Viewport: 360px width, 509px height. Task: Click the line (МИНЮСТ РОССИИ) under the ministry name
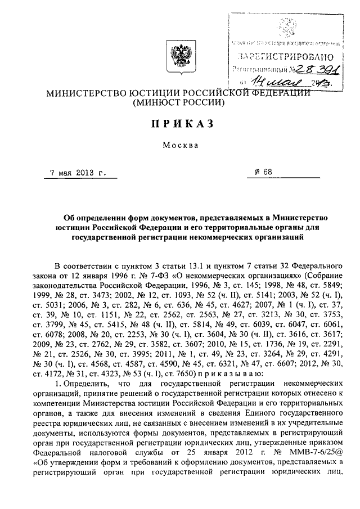click(x=179, y=103)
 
